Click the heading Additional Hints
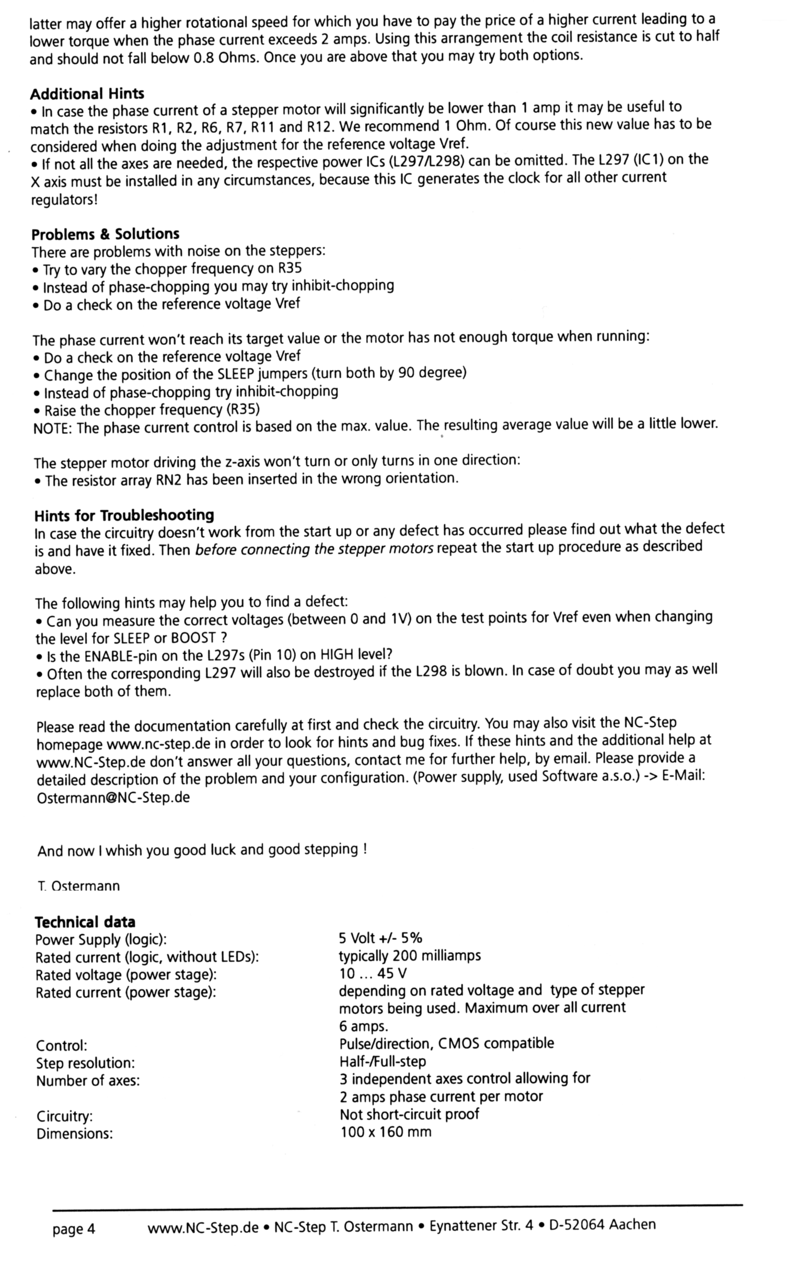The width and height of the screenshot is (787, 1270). click(x=87, y=94)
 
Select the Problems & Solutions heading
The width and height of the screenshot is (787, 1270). click(x=105, y=234)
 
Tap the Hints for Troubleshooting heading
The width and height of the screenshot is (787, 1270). click(x=124, y=515)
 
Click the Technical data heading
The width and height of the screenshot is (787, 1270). click(x=85, y=921)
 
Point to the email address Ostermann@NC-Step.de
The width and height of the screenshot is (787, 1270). click(x=113, y=798)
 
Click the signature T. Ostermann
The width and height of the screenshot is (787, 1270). click(x=78, y=886)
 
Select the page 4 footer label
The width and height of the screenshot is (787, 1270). click(x=73, y=1229)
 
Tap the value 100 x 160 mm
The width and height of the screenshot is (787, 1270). click(x=386, y=1132)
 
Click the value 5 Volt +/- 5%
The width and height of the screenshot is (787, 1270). click(x=380, y=938)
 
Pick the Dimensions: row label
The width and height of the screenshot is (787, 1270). click(x=74, y=1134)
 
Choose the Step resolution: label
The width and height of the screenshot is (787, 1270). click(x=85, y=1063)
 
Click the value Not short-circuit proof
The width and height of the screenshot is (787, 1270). click(x=409, y=1114)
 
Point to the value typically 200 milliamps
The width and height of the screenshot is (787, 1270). click(x=410, y=955)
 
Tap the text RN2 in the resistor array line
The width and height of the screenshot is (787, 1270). click(x=168, y=480)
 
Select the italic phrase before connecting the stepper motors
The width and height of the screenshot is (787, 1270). click(x=314, y=549)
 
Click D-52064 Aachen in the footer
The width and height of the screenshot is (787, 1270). click(x=602, y=1225)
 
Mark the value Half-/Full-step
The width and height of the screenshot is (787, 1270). click(x=383, y=1061)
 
